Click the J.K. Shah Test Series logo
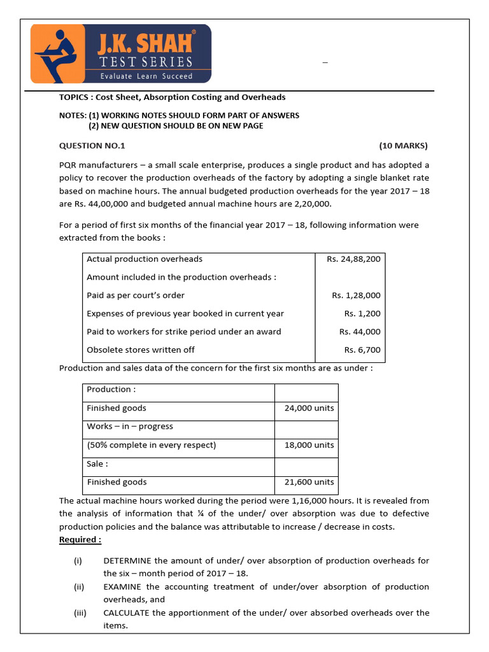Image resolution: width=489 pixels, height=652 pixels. point(121,53)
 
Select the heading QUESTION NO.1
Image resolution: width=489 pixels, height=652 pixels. point(92,146)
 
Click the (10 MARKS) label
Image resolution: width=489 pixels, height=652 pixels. point(404,146)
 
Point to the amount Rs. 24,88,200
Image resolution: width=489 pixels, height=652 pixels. point(354,259)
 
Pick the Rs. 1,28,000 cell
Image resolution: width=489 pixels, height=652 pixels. point(356,295)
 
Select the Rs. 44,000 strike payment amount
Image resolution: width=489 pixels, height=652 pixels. point(360,331)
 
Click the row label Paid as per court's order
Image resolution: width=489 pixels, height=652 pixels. point(136,295)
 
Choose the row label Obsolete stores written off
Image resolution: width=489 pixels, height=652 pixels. point(141,350)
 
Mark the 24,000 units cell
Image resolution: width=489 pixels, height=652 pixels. point(309,408)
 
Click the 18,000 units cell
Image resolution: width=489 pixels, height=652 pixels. point(309,445)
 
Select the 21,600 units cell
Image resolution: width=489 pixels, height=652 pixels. point(309,482)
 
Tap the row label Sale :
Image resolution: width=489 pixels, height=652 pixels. point(97,464)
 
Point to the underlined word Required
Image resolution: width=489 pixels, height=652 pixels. point(80,540)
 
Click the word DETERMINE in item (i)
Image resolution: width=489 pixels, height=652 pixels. point(127,560)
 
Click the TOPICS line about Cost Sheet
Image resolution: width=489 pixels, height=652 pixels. point(172,97)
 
